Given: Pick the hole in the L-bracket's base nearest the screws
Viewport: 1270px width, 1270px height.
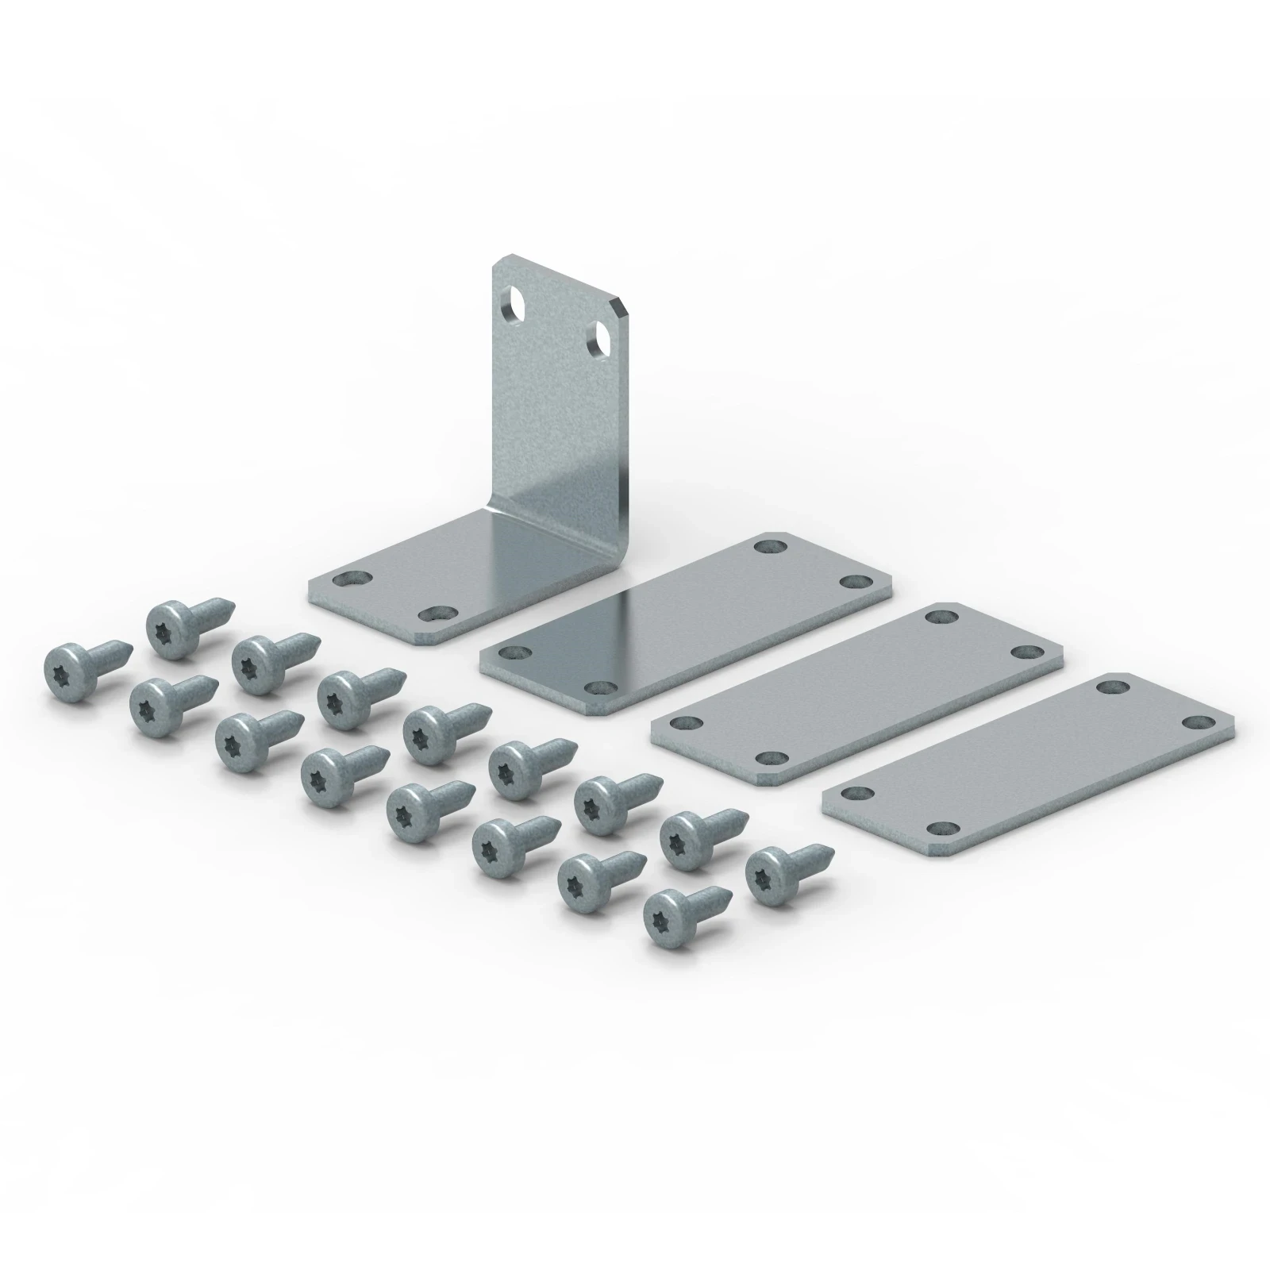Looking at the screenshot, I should coord(435,612).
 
